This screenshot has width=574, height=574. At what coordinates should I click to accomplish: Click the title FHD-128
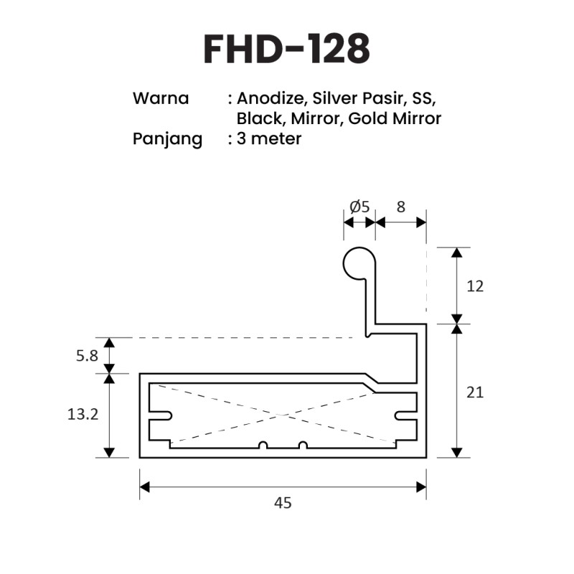(x=287, y=48)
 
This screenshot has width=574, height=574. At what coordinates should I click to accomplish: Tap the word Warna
(x=161, y=98)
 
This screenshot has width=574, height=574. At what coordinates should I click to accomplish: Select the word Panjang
(x=168, y=138)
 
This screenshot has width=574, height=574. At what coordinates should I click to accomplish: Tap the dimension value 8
(x=400, y=207)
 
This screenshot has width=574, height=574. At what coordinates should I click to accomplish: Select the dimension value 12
(x=475, y=286)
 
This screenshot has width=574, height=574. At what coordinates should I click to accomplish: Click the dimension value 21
(x=475, y=392)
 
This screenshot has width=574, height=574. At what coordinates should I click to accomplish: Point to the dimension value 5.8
(x=86, y=356)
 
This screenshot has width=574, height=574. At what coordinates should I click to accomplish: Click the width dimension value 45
(x=283, y=503)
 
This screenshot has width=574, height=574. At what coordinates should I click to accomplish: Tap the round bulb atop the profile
(x=357, y=263)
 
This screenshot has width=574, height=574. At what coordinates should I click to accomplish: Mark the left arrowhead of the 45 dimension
(x=144, y=487)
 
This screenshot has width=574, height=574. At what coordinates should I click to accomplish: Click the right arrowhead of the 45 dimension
(x=421, y=487)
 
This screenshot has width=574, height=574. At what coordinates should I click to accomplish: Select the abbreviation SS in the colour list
(x=423, y=98)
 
